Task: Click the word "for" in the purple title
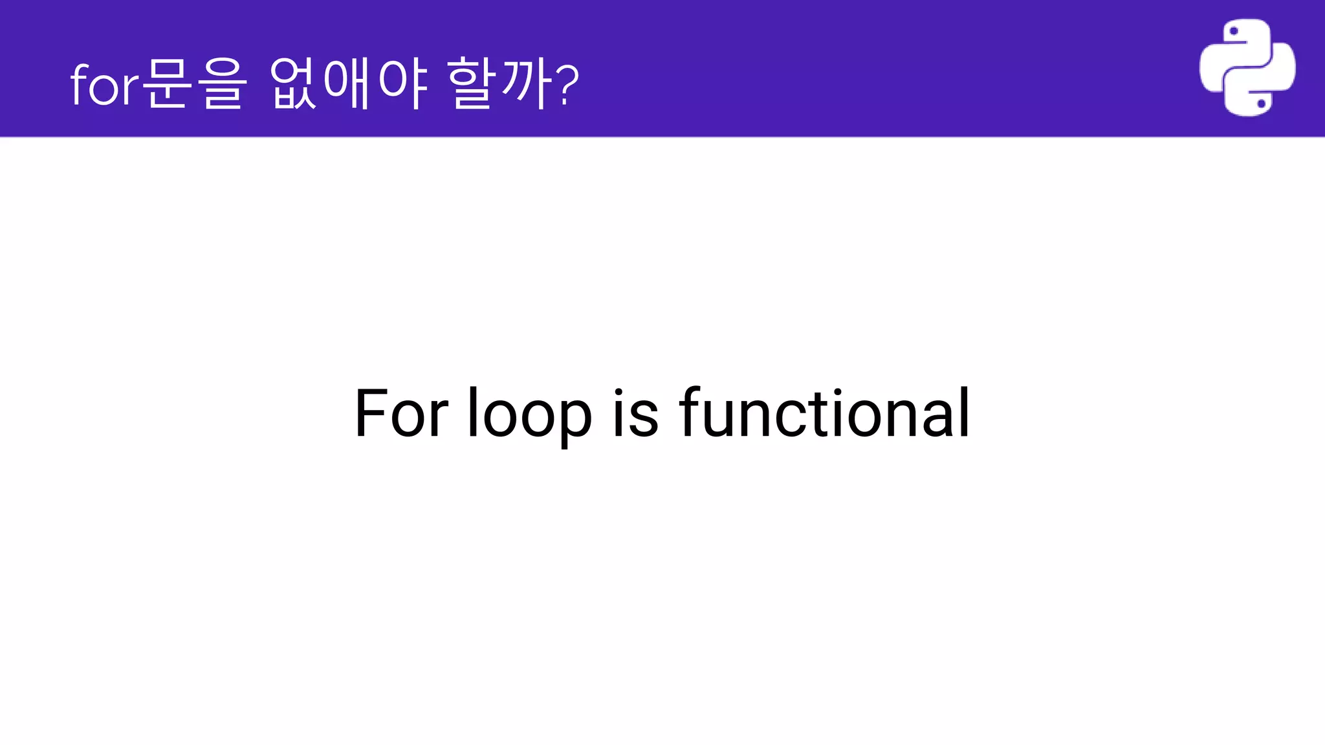click(x=104, y=85)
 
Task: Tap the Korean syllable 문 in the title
click(x=167, y=83)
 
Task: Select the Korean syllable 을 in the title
click(x=222, y=83)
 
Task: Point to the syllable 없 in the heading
click(x=292, y=83)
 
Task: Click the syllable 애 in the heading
click(x=347, y=83)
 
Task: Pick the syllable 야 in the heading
click(x=402, y=83)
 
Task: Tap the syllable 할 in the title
click(x=470, y=83)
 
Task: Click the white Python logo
click(x=1247, y=68)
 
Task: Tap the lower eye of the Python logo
click(x=1261, y=103)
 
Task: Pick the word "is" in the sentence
click(x=635, y=414)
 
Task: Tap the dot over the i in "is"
click(x=619, y=392)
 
